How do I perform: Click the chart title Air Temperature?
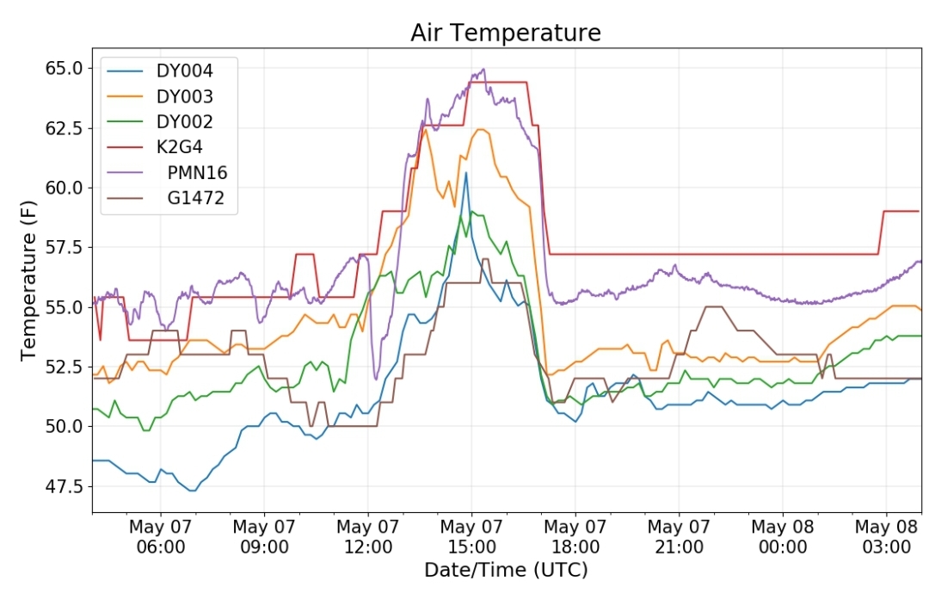pyautogui.click(x=506, y=33)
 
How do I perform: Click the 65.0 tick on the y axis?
pyautogui.click(x=64, y=68)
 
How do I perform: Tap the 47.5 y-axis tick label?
pyautogui.click(x=64, y=486)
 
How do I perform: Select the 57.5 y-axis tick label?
pyautogui.click(x=64, y=247)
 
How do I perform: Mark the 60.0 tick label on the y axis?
pyautogui.click(x=64, y=188)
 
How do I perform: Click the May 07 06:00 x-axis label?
pyautogui.click(x=161, y=537)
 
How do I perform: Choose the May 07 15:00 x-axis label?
pyautogui.click(x=471, y=537)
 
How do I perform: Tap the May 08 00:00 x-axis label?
pyautogui.click(x=783, y=537)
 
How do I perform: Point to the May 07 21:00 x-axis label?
pyautogui.click(x=679, y=537)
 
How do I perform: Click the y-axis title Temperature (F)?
pyautogui.click(x=28, y=281)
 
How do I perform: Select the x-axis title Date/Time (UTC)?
pyautogui.click(x=506, y=571)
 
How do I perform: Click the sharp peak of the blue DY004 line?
pyautogui.click(x=466, y=172)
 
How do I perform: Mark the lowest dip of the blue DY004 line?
pyautogui.click(x=192, y=491)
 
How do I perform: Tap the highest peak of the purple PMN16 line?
pyautogui.click(x=483, y=69)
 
